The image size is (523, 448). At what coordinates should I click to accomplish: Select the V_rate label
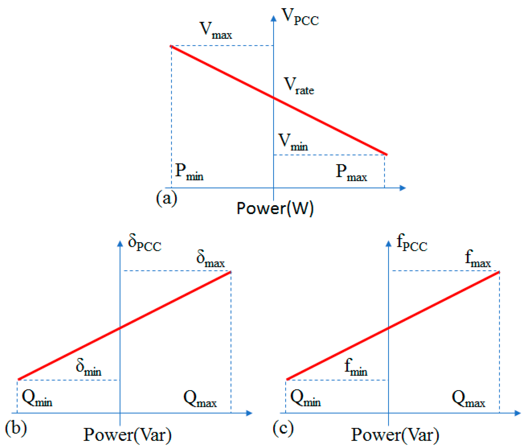[299, 86]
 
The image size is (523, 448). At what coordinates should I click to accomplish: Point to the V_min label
[292, 142]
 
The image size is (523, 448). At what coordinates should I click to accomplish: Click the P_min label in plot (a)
[189, 172]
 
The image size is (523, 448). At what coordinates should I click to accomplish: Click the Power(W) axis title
[275, 208]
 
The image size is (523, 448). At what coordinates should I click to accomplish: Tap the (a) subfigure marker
[166, 198]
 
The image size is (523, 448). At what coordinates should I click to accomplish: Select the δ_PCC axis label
[144, 243]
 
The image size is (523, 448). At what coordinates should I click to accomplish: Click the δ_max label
[210, 259]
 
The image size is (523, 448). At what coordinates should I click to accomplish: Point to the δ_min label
[88, 367]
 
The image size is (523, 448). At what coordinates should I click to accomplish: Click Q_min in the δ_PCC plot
[37, 398]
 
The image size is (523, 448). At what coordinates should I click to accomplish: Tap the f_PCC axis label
[411, 243]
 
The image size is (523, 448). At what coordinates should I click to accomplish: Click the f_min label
[356, 367]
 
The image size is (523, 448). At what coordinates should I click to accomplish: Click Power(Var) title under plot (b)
[127, 435]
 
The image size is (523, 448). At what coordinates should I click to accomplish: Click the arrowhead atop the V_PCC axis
[273, 18]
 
